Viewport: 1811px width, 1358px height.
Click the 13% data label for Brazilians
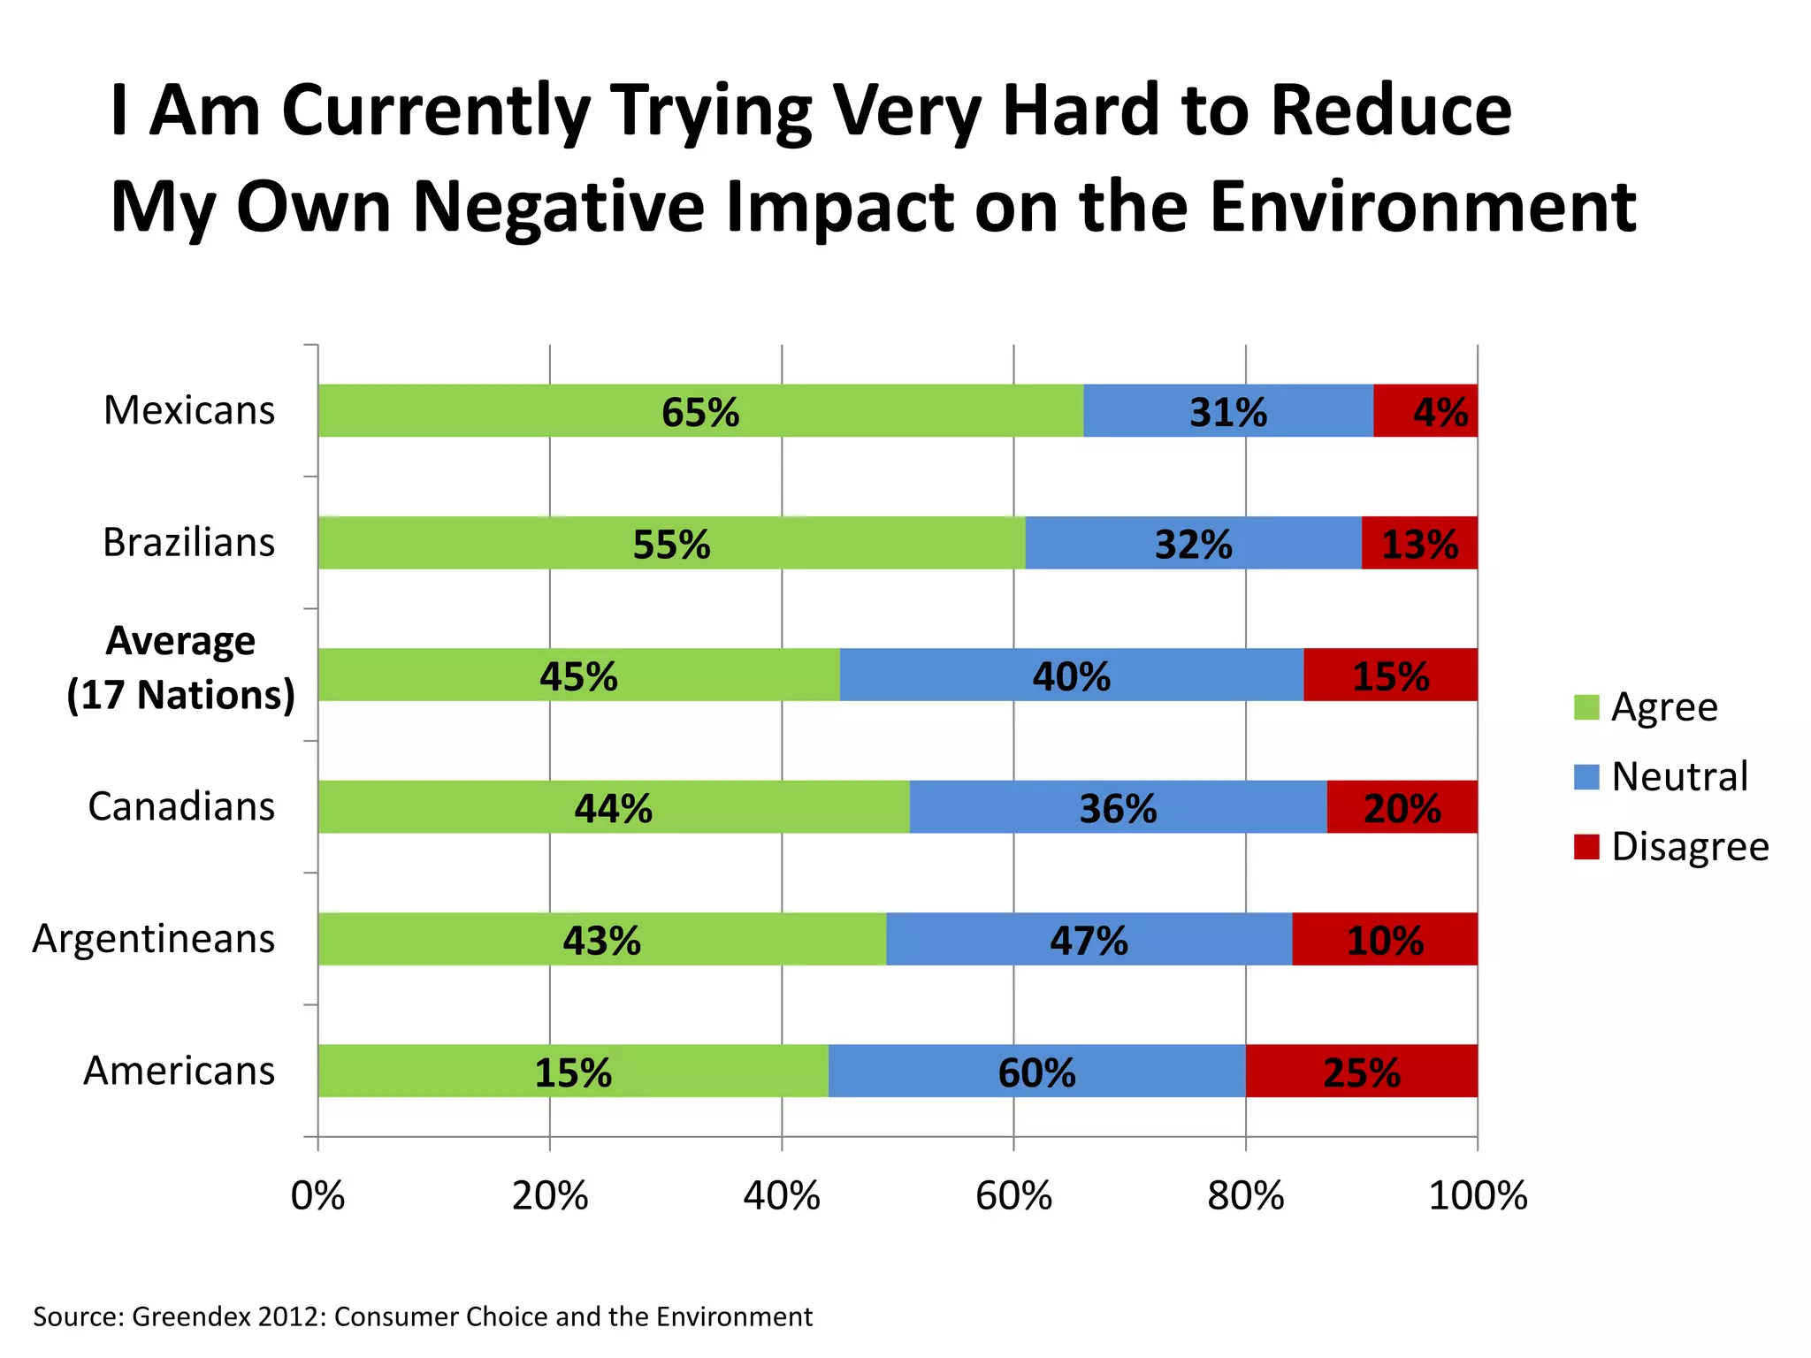coord(1419,545)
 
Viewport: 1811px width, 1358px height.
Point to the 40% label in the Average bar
coord(1071,677)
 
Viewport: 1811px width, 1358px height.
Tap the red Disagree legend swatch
coord(1586,846)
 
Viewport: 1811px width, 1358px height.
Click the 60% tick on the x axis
coord(1013,1196)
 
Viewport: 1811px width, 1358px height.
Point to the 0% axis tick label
coord(317,1196)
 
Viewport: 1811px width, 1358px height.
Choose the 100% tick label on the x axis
coord(1478,1196)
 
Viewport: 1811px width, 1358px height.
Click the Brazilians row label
coord(188,542)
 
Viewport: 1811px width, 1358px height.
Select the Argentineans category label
coord(154,938)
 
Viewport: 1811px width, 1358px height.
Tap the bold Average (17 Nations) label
coord(180,668)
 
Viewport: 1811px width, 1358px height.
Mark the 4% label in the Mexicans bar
coord(1440,412)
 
